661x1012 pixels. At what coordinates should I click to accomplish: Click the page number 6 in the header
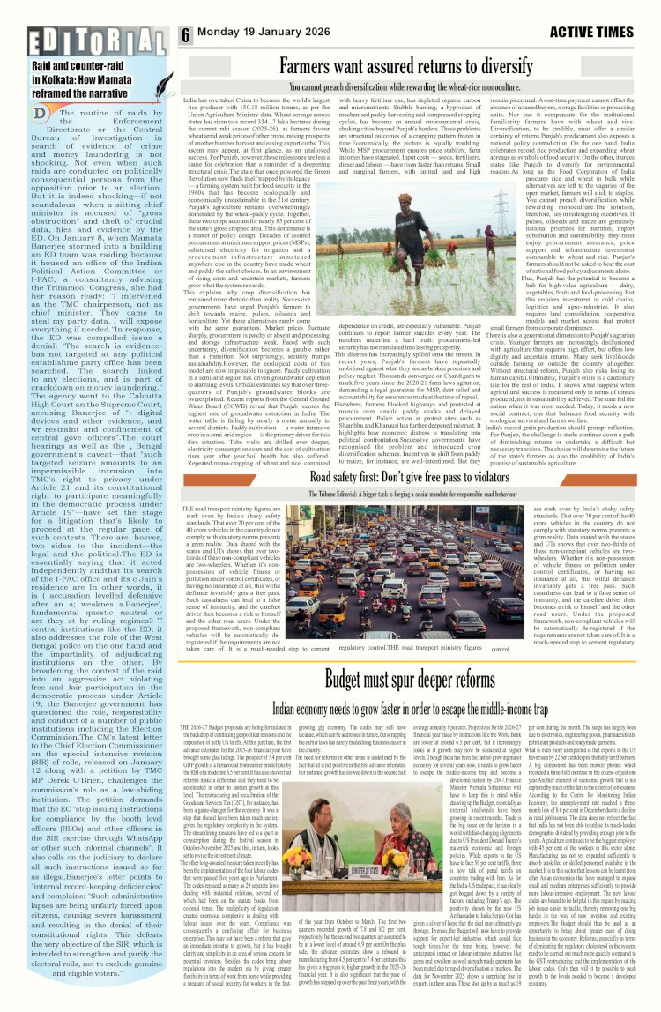click(187, 35)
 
